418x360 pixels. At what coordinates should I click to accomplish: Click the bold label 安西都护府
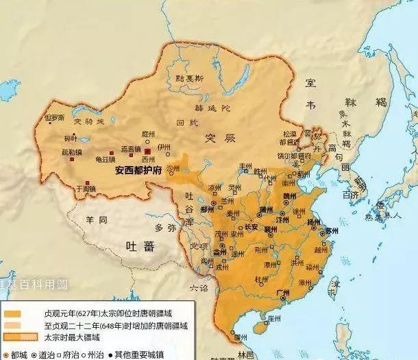click(138, 170)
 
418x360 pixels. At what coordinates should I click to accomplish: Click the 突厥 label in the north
click(219, 138)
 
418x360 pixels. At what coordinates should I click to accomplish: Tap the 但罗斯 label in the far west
click(54, 118)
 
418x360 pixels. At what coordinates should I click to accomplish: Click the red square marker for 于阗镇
click(75, 182)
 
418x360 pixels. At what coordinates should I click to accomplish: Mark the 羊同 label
click(96, 219)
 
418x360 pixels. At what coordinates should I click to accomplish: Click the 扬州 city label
click(315, 222)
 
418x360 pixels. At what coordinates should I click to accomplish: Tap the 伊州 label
click(163, 147)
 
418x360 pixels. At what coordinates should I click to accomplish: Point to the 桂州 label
click(260, 280)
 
